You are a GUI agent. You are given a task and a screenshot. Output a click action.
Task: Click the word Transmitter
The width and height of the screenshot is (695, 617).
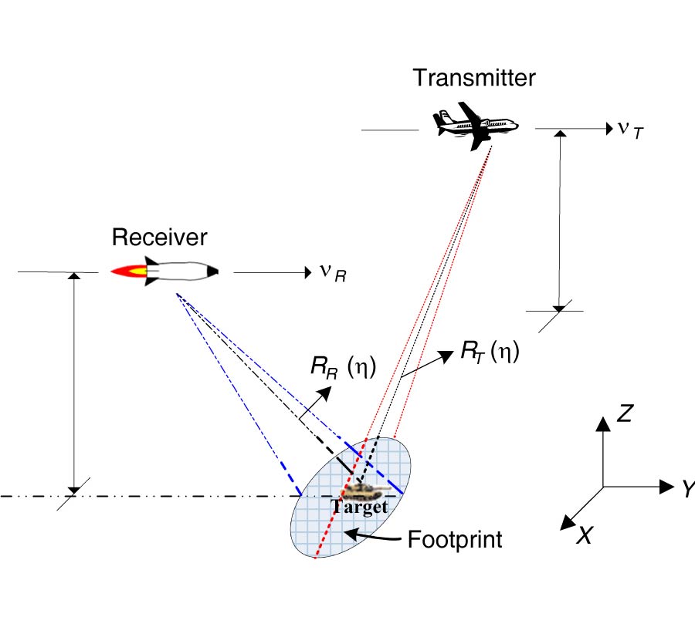pos(473,78)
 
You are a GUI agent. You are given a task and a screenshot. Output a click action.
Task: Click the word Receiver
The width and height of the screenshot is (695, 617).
pos(159,237)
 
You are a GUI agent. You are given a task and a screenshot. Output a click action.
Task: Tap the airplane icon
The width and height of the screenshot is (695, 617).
pos(474,126)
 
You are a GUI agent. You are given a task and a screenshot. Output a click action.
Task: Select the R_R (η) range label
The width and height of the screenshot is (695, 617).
pos(344,367)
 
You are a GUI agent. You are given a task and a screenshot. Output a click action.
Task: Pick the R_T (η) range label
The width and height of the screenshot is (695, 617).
pos(490,352)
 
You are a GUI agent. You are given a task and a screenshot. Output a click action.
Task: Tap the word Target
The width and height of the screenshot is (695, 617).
pos(359,507)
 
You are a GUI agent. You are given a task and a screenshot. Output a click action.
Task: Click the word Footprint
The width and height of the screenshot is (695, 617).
pos(455,539)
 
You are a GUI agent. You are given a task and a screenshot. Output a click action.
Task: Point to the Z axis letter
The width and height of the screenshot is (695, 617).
pos(625,414)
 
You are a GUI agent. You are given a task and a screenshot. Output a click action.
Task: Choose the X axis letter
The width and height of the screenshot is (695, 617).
pos(584,534)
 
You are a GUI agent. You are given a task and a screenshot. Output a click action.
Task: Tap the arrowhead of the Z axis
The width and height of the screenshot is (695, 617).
pos(602,423)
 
